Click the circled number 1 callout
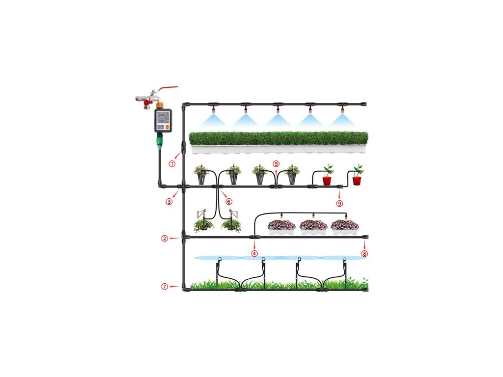[x=172, y=164]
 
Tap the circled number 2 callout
[x=165, y=239]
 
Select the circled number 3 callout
[x=169, y=201]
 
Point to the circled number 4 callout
[x=254, y=253]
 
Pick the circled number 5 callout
[x=276, y=164]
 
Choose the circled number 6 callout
[x=229, y=201]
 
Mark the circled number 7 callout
[x=165, y=287]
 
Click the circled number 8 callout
[x=364, y=253]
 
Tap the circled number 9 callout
[x=339, y=202]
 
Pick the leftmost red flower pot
[x=327, y=180]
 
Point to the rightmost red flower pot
[x=357, y=180]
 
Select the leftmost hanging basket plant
[x=203, y=225]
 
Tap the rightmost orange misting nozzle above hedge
[x=340, y=109]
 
